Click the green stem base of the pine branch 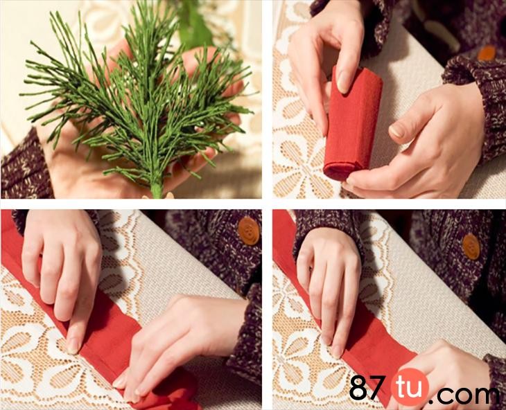click(x=157, y=188)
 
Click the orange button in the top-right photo click(x=487, y=53)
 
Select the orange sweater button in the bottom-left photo click(x=249, y=231)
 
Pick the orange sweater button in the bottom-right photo click(x=471, y=247)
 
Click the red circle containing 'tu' click(x=410, y=386)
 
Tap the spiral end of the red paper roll click(x=338, y=170)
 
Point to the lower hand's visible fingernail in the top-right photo click(x=396, y=130)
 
